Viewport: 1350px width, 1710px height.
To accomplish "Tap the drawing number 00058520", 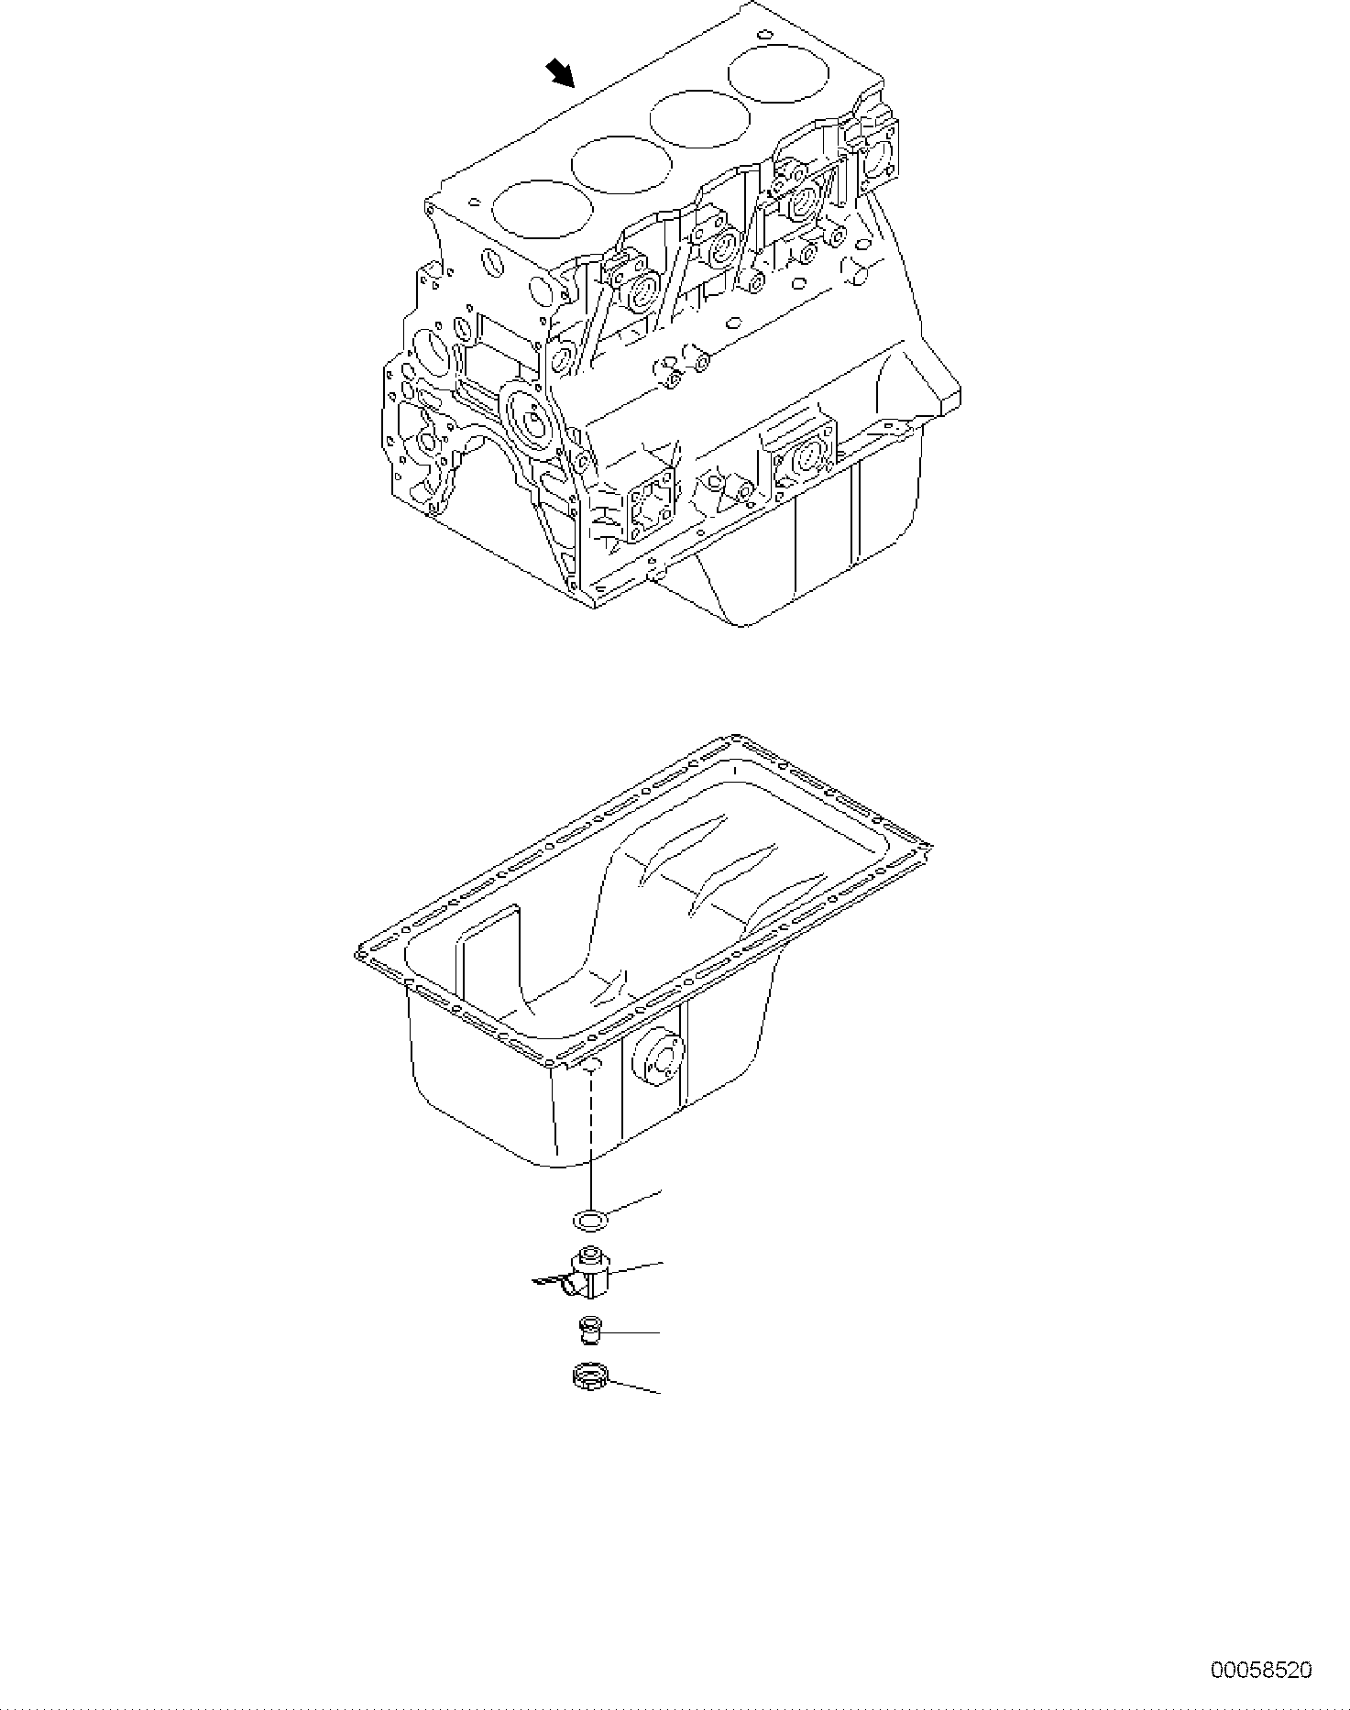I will (x=1261, y=1670).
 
